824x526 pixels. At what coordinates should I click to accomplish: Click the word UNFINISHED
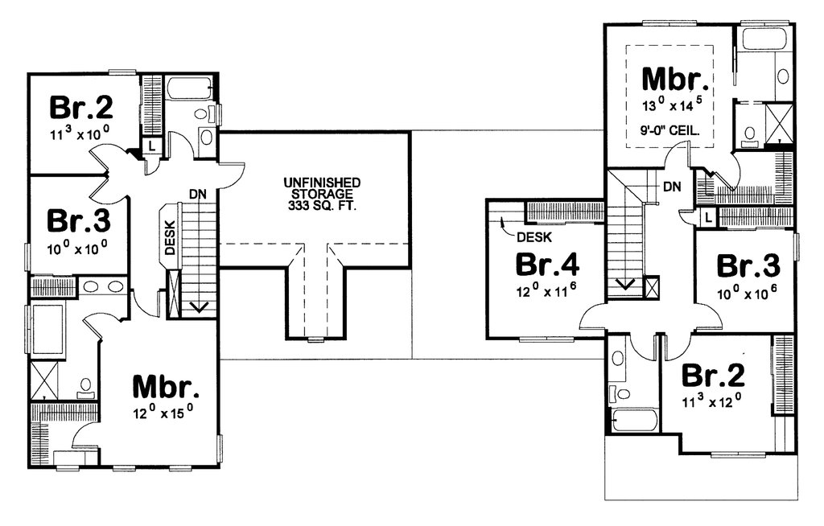coord(322,183)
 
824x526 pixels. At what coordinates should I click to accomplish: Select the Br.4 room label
coord(547,265)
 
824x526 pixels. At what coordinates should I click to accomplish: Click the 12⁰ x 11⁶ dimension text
coord(546,291)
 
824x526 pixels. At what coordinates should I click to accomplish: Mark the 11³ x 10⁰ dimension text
coord(80,134)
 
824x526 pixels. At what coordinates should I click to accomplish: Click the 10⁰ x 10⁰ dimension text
coord(78,248)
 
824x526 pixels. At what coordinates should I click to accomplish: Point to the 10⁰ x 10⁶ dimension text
coord(748,294)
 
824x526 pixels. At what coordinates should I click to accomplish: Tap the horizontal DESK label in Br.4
coord(534,237)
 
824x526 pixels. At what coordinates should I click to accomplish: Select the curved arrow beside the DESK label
coord(505,224)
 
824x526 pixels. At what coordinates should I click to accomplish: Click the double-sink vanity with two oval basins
coord(103,286)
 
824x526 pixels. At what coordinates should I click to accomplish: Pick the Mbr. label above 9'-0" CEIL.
coord(675,80)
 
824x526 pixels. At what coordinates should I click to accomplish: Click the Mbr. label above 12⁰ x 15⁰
coord(166,387)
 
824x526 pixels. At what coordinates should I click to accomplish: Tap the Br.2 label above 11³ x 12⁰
coord(713,375)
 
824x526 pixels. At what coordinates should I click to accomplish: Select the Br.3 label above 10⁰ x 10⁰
coord(78,220)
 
